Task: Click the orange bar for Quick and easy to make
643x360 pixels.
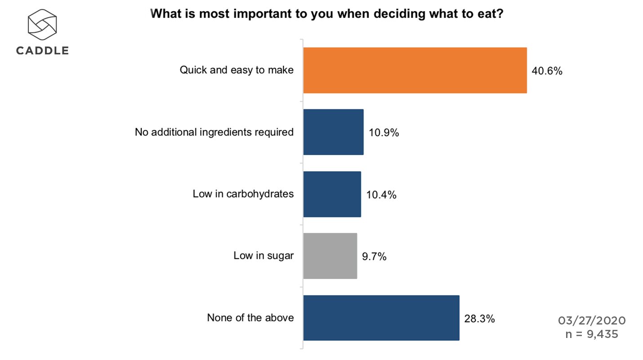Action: [415, 71]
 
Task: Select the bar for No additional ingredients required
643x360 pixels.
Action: [333, 132]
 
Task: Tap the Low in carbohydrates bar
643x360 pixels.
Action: [332, 194]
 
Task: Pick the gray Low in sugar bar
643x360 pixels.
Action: [330, 256]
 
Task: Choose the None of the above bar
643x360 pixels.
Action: [381, 318]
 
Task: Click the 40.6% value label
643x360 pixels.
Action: [547, 71]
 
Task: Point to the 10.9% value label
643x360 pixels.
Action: [384, 133]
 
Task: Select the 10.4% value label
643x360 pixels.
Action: [381, 195]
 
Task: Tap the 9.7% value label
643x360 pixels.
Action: [374, 257]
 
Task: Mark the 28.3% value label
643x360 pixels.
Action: [479, 319]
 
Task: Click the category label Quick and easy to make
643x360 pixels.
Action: [237, 70]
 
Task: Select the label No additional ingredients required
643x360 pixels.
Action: [214, 132]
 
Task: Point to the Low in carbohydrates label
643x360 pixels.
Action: [243, 194]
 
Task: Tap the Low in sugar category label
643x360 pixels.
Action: [263, 256]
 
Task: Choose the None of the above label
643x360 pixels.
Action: [250, 318]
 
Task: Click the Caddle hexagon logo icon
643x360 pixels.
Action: [42, 24]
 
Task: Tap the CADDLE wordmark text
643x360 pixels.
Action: [42, 51]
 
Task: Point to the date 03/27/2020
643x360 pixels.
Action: [592, 320]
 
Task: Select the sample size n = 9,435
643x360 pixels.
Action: [592, 334]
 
